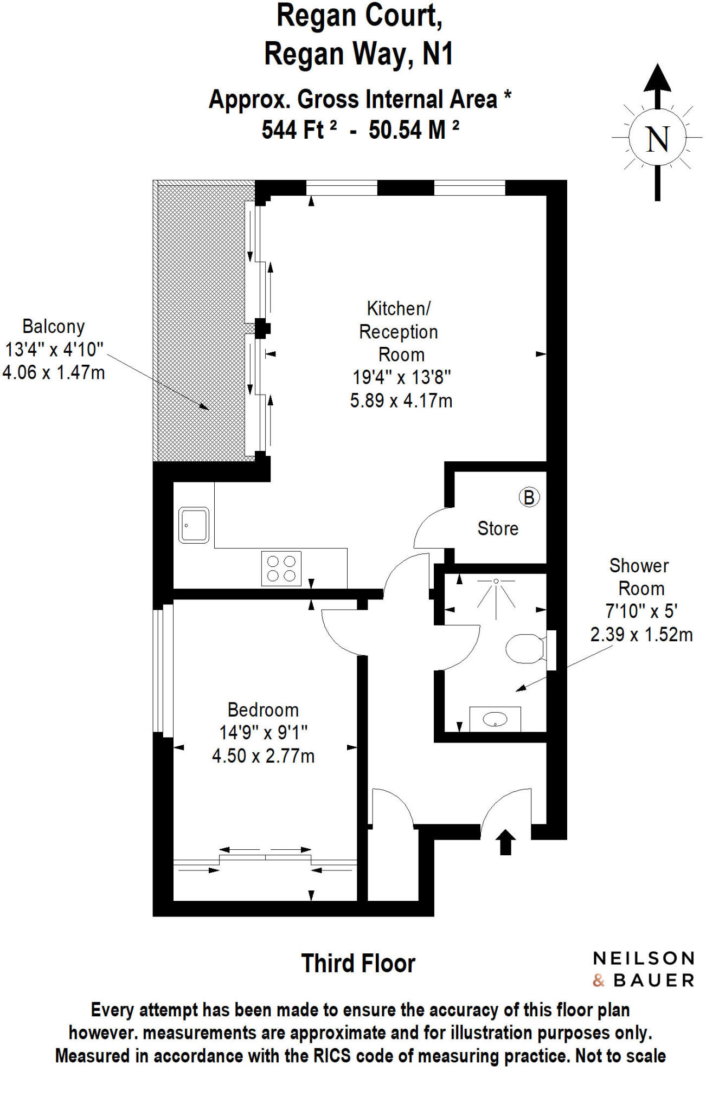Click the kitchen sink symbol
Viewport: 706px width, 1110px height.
point(194,525)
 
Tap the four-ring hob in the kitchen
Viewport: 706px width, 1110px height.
point(281,569)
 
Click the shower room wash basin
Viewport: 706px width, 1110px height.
point(495,719)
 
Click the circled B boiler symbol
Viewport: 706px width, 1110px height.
point(529,497)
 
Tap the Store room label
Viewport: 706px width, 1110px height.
point(497,528)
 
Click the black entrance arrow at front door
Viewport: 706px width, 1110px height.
point(505,842)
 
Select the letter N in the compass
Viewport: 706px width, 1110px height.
point(657,139)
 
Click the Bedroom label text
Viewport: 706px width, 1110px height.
point(263,709)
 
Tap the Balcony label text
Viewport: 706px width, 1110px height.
point(53,326)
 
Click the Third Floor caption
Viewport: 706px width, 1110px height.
point(358,964)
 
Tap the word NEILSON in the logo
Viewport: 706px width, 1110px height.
point(644,958)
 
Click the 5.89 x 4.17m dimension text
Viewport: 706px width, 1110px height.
point(401,401)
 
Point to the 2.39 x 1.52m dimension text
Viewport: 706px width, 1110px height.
point(641,634)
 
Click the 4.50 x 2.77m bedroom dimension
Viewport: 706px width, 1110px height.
point(263,756)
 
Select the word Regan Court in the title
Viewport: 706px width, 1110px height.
point(359,16)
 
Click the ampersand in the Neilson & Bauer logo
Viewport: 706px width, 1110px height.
point(599,980)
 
